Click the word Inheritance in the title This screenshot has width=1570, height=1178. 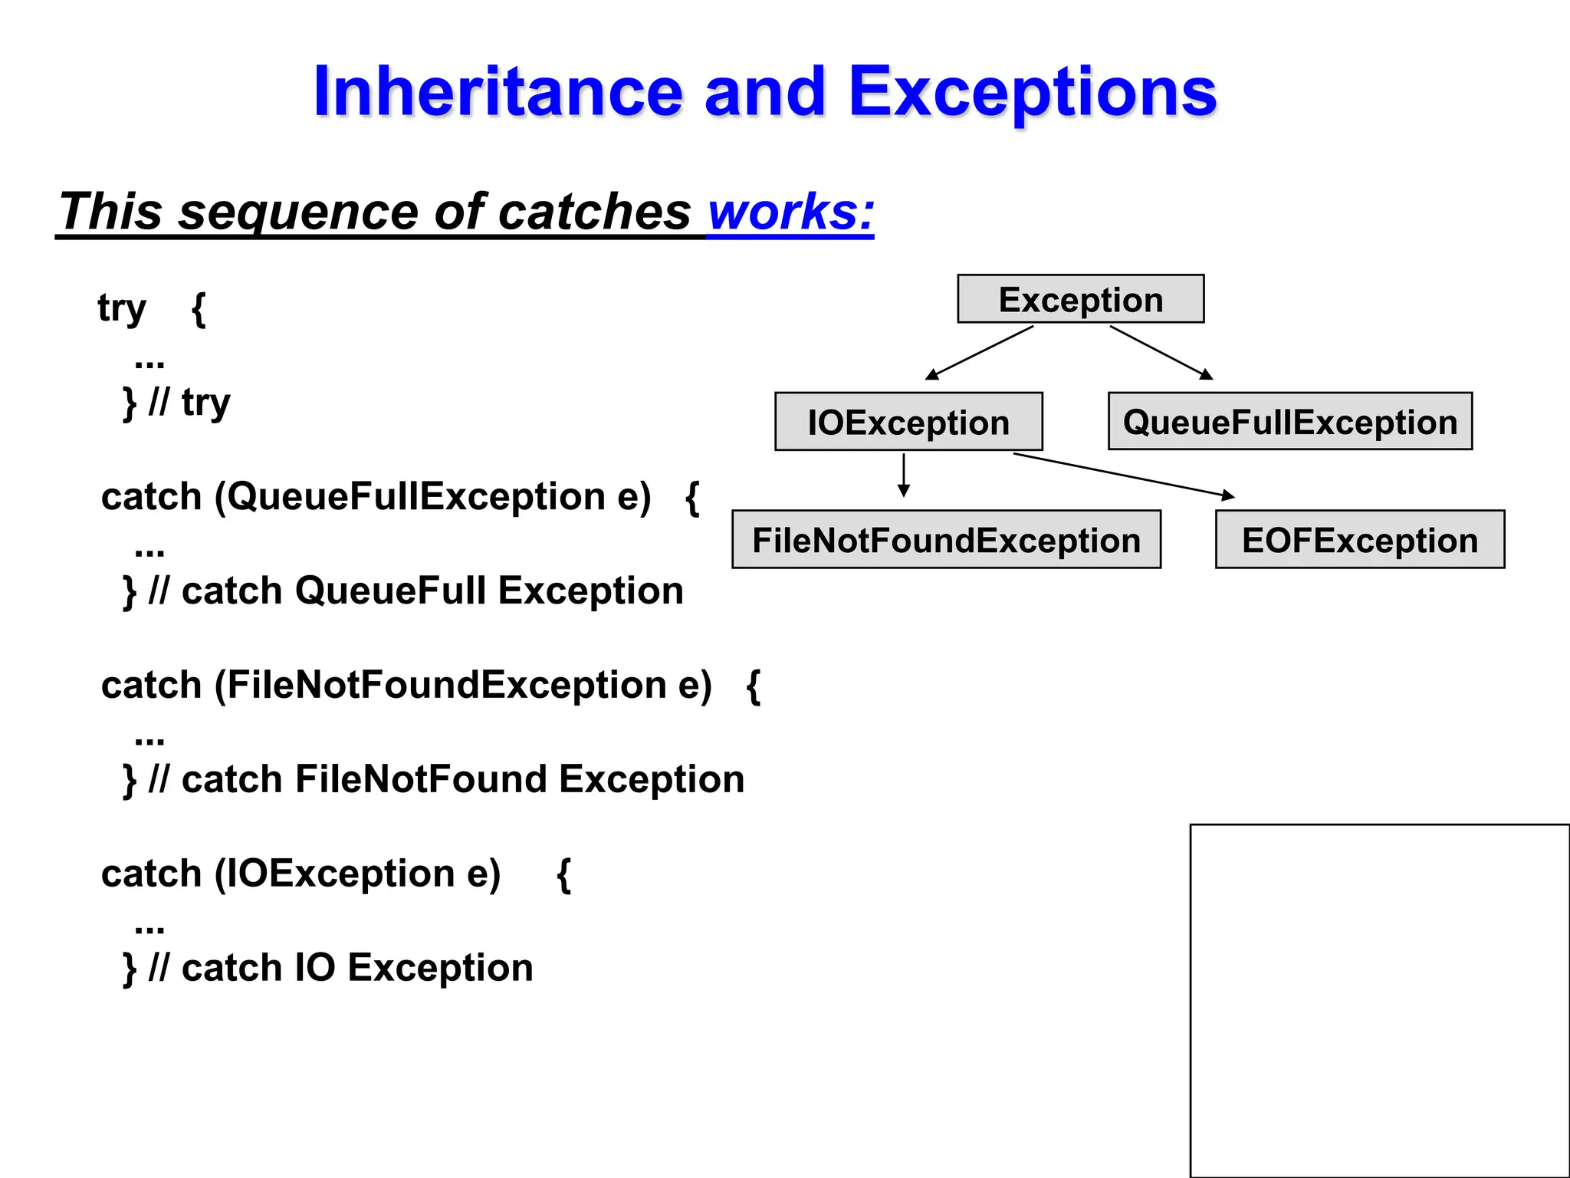click(498, 92)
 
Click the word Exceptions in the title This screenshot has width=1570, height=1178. click(1032, 92)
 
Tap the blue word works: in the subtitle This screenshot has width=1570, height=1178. click(790, 212)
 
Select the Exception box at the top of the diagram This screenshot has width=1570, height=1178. click(1080, 299)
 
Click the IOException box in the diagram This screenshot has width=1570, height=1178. click(908, 422)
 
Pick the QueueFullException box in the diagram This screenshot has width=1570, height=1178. click(1289, 422)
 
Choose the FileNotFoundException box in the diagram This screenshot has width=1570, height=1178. click(946, 540)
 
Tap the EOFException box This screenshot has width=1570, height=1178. click(1359, 540)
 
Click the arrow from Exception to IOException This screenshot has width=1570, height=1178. click(979, 353)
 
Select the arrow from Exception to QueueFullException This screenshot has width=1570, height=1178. click(1161, 353)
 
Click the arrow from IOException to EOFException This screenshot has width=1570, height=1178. click(1123, 475)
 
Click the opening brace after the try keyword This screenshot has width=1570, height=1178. click(199, 309)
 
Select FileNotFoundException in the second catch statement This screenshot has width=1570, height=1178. click(447, 685)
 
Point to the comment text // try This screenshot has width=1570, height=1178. click(189, 402)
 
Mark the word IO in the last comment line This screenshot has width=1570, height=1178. click(315, 968)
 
